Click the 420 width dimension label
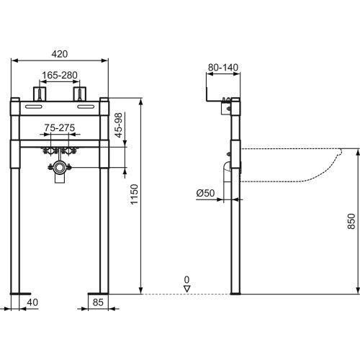click(60, 53)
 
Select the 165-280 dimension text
click(60, 74)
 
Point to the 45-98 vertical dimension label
click(119, 127)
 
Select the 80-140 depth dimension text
click(222, 68)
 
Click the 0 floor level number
click(186, 279)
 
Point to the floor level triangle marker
click(186, 288)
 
